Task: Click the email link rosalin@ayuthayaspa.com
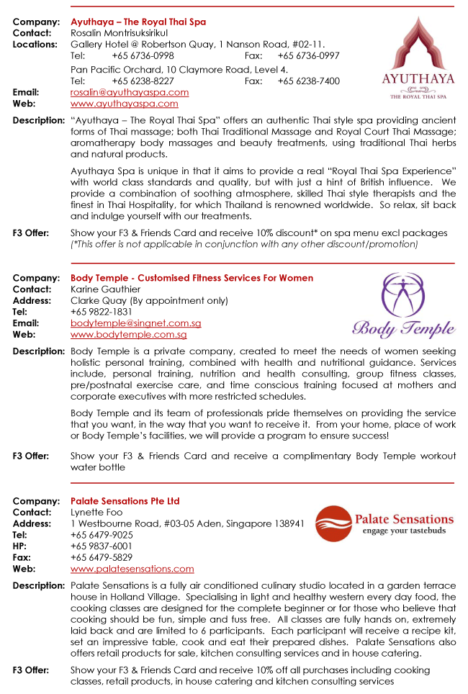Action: tap(130, 92)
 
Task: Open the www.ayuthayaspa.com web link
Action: tap(124, 104)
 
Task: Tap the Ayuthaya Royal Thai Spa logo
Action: tap(418, 58)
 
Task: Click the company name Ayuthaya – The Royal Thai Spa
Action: tap(138, 22)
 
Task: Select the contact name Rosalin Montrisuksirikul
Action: tap(119, 33)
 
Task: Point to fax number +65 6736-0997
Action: tap(308, 55)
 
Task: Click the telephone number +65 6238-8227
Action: tap(143, 81)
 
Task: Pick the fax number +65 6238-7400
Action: tap(308, 81)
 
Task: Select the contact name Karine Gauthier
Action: tap(105, 289)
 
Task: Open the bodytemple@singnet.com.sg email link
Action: tap(135, 323)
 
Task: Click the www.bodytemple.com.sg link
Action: tap(128, 335)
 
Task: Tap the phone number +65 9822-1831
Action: tap(102, 312)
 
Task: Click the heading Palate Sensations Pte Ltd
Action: tap(125, 501)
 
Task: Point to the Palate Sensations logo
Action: tap(387, 523)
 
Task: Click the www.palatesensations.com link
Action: tap(132, 569)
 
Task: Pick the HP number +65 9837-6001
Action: tap(102, 546)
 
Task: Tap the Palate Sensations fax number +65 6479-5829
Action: tap(102, 557)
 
